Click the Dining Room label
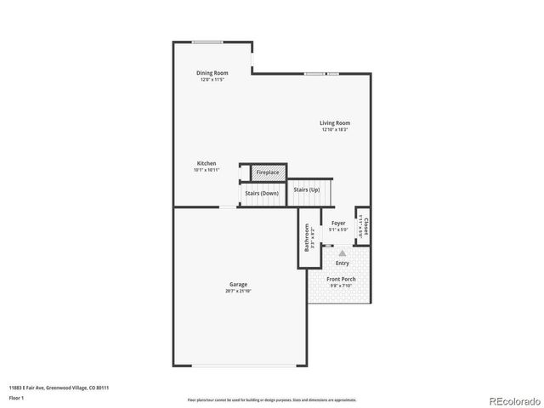212,73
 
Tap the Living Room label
335,122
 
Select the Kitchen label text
207,163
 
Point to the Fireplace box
268,173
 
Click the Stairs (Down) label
262,193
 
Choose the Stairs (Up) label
307,189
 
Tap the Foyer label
338,223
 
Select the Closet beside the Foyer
363,225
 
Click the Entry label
342,263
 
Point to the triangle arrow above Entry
342,252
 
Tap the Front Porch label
342,279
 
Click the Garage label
238,284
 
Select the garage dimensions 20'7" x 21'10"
238,291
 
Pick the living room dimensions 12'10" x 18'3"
335,129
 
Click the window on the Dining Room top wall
207,42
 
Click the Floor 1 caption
17,398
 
